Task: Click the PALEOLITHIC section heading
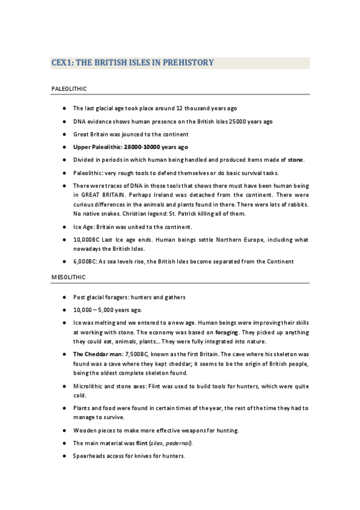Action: tap(69, 89)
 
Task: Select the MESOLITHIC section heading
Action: tap(69, 277)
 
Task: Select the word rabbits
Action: tap(294, 205)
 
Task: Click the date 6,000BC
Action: tap(84, 262)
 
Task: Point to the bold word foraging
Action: tap(226, 332)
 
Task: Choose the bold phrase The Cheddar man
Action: tap(96, 354)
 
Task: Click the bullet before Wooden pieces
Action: tap(64, 431)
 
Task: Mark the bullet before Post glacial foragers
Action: tap(64, 297)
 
